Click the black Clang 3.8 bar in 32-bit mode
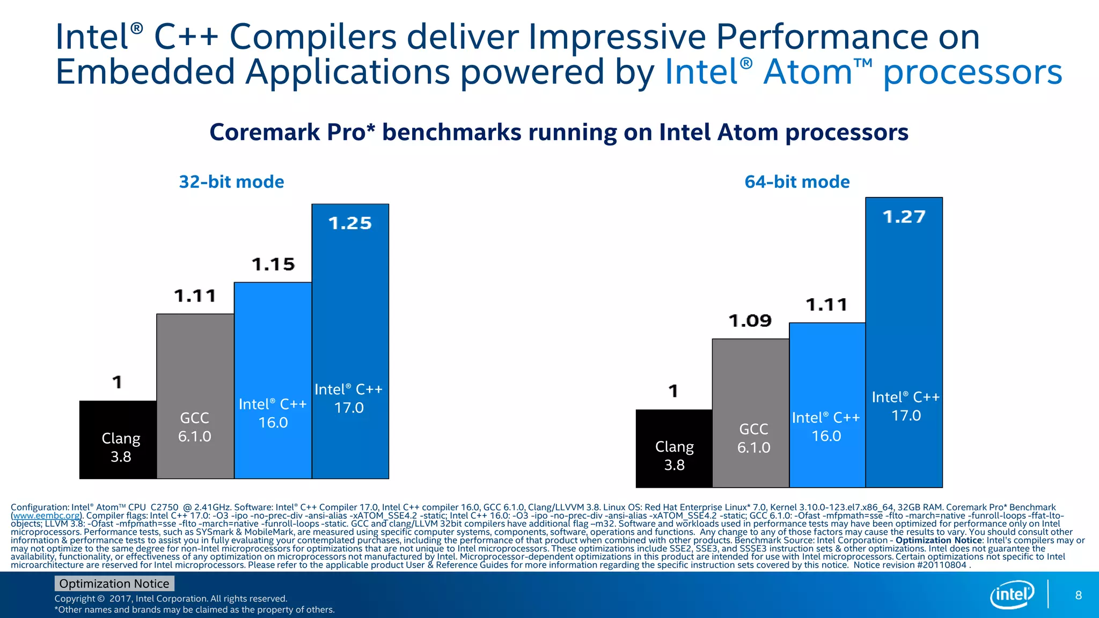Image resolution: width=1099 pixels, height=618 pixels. tap(118, 440)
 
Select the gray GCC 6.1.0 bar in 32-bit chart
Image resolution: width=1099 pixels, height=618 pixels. tap(195, 397)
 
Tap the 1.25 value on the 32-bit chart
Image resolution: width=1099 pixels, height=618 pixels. tap(350, 223)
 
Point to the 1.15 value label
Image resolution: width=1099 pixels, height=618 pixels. tap(273, 264)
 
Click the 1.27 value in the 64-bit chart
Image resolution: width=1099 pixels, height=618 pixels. tap(904, 217)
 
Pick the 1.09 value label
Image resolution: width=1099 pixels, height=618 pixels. tap(750, 321)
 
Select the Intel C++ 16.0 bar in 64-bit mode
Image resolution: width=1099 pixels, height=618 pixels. tap(827, 408)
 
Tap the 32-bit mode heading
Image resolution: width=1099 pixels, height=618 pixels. tap(231, 182)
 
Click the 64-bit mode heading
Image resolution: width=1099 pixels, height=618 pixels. tap(797, 182)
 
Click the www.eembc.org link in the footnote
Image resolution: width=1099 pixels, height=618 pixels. tap(46, 516)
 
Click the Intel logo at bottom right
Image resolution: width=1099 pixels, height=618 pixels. tap(1012, 594)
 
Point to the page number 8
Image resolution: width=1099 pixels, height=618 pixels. tap(1078, 595)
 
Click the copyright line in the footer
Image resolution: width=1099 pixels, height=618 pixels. tap(171, 598)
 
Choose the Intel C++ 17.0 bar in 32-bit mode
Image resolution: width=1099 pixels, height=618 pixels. tap(350, 343)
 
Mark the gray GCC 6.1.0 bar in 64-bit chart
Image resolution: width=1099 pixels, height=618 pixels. tap(750, 413)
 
